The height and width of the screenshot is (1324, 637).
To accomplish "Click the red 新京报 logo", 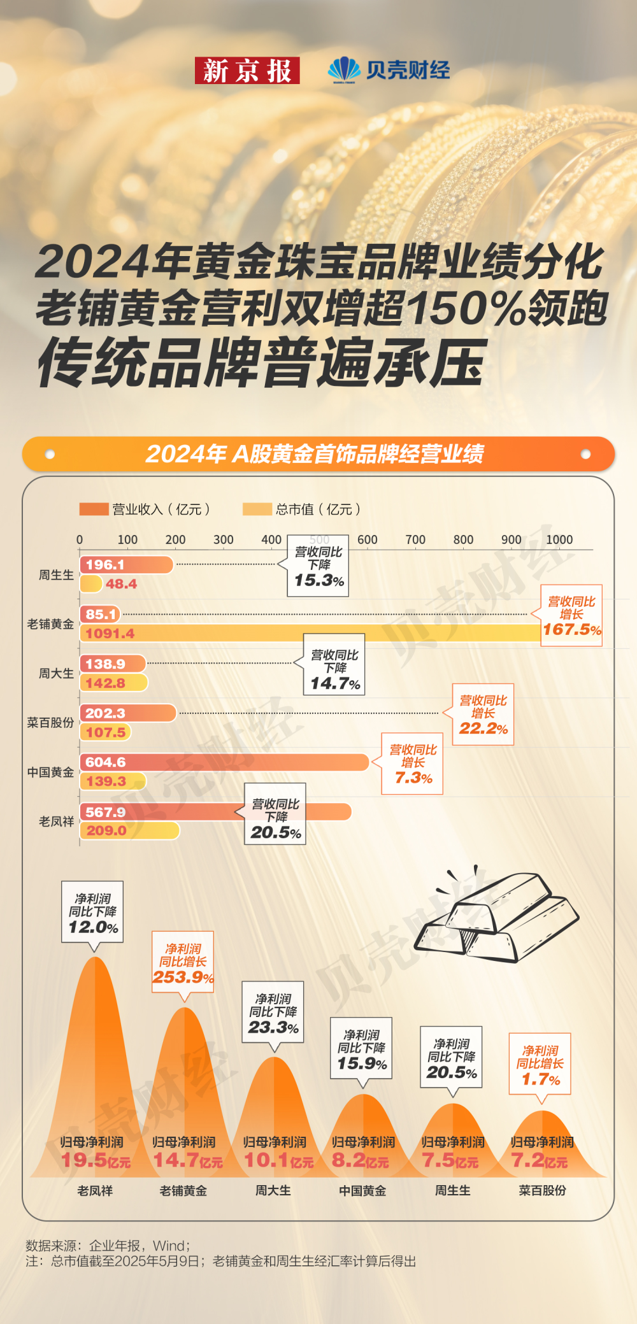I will [x=247, y=71].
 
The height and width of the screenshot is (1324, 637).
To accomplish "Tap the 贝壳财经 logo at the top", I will [x=389, y=70].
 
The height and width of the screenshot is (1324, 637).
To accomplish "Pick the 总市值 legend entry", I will [x=302, y=509].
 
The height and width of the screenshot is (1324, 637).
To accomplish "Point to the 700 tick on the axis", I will [x=415, y=539].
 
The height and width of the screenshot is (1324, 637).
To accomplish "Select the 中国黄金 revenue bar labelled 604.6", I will [x=224, y=762].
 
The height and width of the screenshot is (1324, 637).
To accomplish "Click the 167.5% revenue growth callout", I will [x=571, y=616].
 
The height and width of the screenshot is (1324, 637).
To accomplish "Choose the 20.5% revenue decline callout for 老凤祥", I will [x=275, y=815].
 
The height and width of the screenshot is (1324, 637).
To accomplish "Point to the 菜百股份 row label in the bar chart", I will [x=50, y=723].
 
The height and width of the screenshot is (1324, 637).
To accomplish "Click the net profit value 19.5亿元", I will [x=96, y=1160].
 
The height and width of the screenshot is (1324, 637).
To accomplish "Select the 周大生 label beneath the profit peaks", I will [x=273, y=1190].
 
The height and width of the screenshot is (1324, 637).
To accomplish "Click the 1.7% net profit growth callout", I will [x=540, y=1064].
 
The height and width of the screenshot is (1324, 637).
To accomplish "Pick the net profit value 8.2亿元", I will [x=361, y=1160].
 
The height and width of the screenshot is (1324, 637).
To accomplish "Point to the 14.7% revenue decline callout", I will [x=334, y=665].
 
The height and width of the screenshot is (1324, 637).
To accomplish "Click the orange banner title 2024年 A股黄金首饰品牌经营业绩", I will [x=315, y=454].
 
